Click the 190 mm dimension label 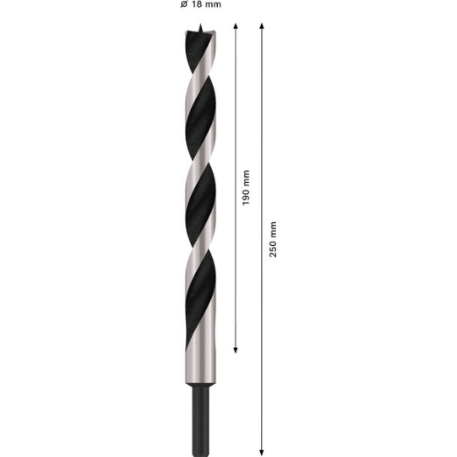[246, 188]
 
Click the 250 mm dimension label [272, 239]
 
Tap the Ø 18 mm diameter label [200, 4]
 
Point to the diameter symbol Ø [184, 4]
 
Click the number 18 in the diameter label [197, 4]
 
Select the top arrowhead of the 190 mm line [236, 26]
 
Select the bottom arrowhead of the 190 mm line [236, 350]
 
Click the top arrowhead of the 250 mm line [262, 26]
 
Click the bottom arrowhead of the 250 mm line [262, 453]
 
